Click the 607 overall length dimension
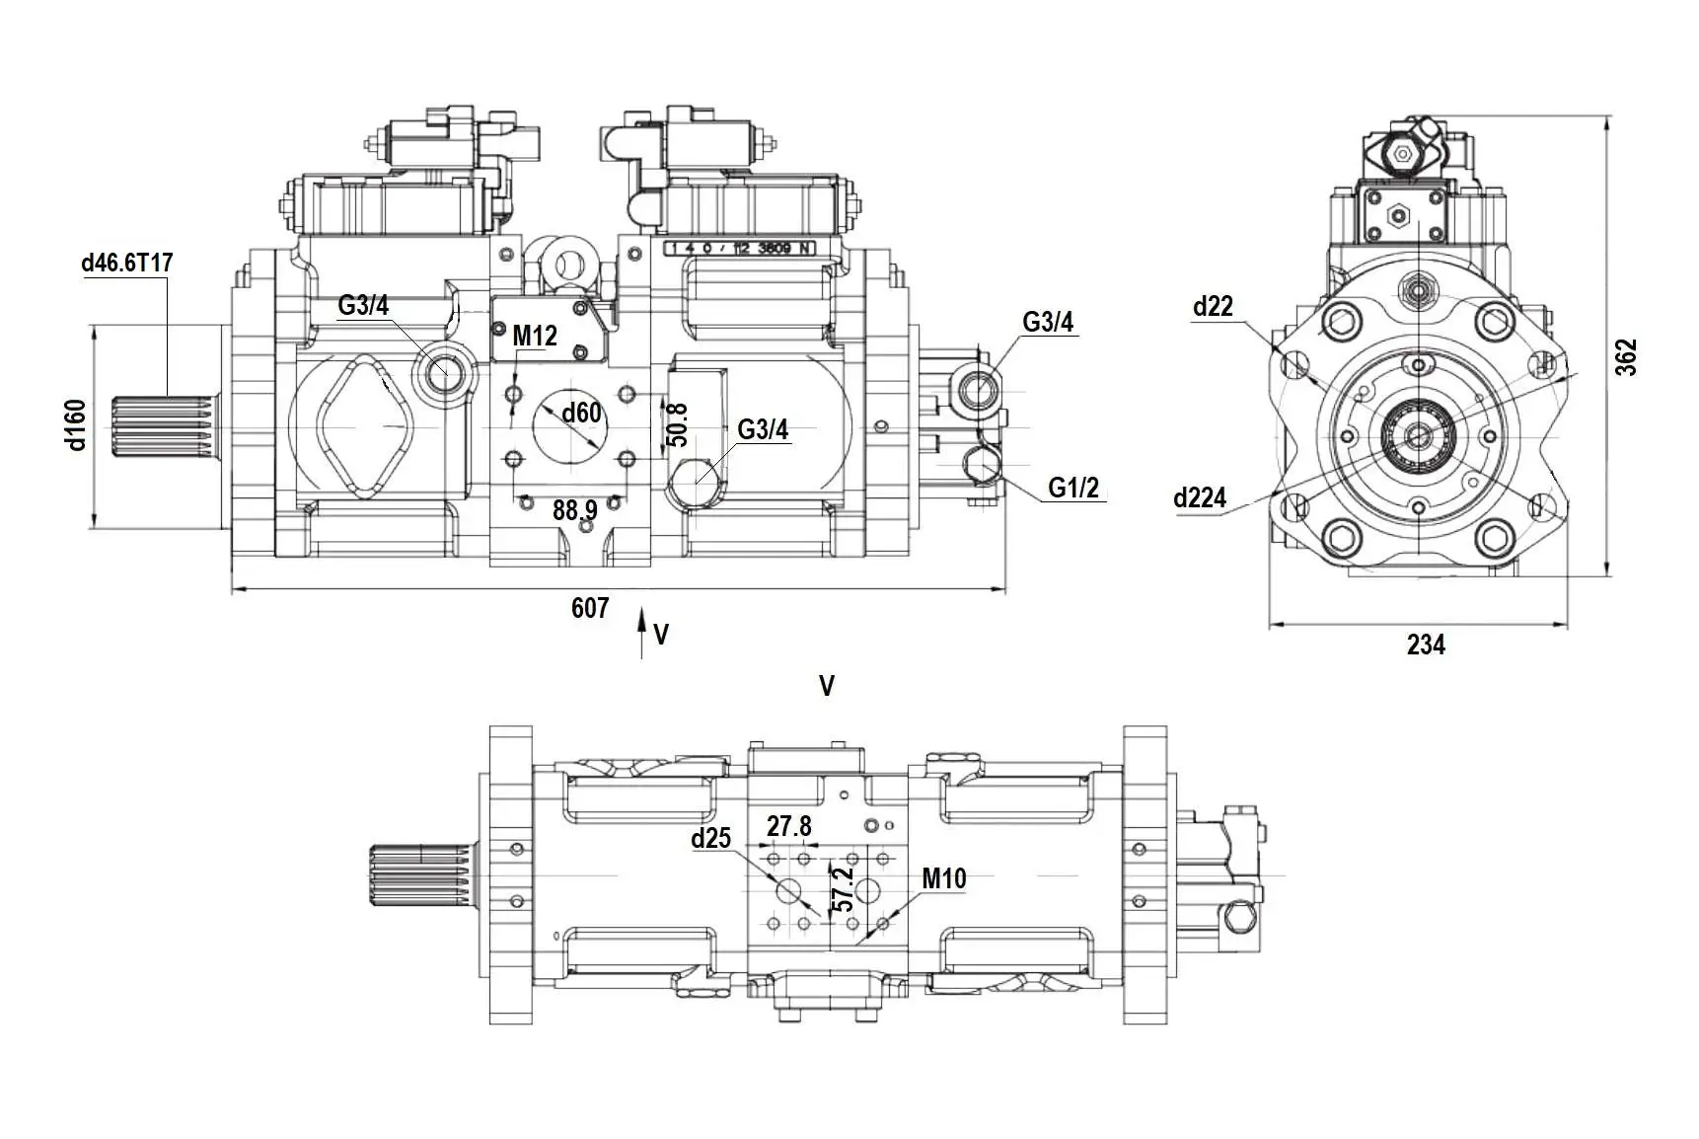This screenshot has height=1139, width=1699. click(x=590, y=608)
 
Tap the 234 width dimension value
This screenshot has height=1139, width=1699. click(x=1426, y=645)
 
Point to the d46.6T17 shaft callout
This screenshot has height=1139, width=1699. click(x=127, y=264)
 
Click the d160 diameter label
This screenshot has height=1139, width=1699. click(x=77, y=424)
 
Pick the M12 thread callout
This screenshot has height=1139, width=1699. click(x=535, y=337)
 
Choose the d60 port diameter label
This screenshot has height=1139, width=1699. click(x=581, y=413)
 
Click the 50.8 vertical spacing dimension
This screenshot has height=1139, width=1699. click(x=677, y=425)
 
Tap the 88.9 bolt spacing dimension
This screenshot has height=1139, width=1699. click(x=574, y=510)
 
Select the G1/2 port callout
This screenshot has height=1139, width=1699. click(x=1073, y=488)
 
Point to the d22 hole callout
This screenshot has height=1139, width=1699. click(x=1213, y=307)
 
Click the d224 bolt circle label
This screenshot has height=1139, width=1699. click(x=1200, y=498)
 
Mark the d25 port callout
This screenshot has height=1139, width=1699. click(x=710, y=839)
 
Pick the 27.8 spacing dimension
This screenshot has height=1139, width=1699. click(x=789, y=826)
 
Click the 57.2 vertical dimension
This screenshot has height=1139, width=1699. click(x=842, y=889)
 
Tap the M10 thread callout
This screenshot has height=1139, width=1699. click(x=943, y=878)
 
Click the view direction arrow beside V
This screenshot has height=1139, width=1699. click(x=641, y=632)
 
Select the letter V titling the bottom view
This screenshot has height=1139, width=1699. click(x=827, y=686)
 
